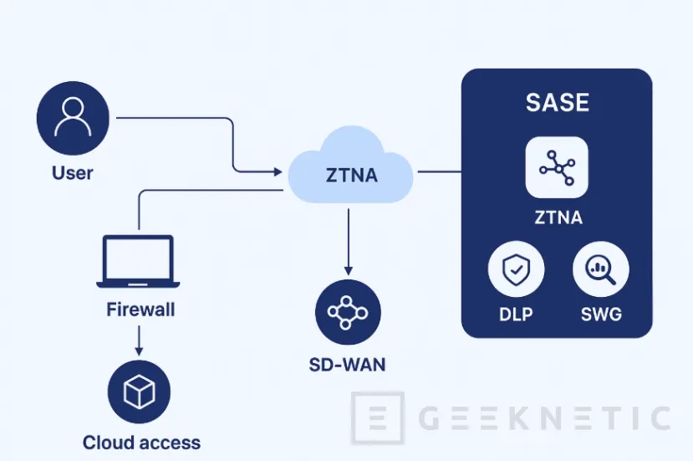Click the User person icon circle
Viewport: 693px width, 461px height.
[73, 118]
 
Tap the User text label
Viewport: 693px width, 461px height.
[73, 174]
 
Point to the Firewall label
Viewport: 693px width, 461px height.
[140, 309]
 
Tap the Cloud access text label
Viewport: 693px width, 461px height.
[141, 443]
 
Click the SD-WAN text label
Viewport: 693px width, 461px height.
[348, 366]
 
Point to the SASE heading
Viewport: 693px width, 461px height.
[557, 103]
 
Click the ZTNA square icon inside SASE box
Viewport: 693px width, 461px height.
[557, 167]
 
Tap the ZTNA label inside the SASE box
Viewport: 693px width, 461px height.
[558, 218]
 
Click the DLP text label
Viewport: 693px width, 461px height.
[516, 316]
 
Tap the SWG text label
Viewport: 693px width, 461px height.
[600, 316]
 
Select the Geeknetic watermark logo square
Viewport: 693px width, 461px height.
[377, 417]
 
